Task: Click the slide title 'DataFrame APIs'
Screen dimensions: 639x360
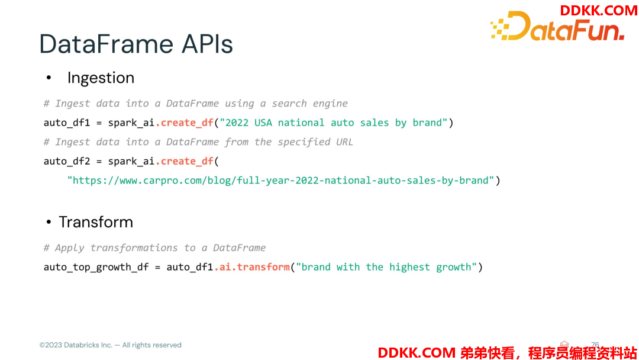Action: tap(136, 44)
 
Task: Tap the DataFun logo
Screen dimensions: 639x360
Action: tap(557, 27)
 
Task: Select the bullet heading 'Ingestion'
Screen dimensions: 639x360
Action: tap(101, 78)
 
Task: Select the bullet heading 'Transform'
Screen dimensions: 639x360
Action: tap(96, 222)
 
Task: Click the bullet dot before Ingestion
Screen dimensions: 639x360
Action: tap(49, 78)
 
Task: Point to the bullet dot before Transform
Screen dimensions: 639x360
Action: tap(49, 222)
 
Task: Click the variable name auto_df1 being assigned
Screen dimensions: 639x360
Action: tap(67, 123)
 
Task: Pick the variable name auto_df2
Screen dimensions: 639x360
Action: tap(67, 162)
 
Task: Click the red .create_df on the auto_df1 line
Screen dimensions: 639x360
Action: tap(185, 123)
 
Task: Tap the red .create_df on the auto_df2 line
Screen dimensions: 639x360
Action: tap(185, 162)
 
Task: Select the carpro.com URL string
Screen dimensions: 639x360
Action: tap(281, 180)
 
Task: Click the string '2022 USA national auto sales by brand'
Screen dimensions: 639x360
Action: tap(334, 123)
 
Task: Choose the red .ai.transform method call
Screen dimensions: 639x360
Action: tap(252, 267)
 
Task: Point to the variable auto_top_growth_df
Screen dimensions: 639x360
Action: tap(96, 268)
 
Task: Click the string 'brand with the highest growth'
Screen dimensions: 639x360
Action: tap(386, 267)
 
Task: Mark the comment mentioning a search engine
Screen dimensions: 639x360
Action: tap(196, 104)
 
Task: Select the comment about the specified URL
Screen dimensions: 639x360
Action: tap(198, 142)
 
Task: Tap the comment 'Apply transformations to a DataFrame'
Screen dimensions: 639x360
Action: tap(155, 248)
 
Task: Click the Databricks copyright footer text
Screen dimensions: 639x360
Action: tap(111, 345)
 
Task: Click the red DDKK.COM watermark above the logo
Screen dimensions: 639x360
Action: tap(599, 10)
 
